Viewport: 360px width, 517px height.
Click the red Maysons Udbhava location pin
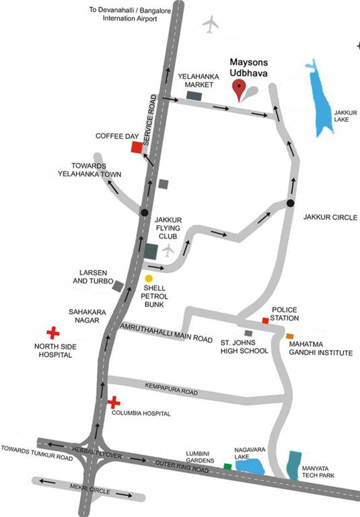click(238, 88)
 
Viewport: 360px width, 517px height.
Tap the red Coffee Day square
click(137, 148)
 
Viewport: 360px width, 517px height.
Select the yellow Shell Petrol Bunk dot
click(149, 278)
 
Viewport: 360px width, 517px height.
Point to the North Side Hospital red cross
click(52, 333)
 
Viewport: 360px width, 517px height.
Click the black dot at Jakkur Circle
click(290, 203)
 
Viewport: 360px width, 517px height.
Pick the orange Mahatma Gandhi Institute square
click(290, 335)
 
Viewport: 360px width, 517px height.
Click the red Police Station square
click(265, 321)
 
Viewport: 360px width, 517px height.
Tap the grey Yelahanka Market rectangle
click(194, 96)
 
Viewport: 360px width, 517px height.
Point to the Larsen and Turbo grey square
click(118, 286)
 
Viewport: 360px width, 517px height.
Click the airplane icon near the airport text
click(211, 25)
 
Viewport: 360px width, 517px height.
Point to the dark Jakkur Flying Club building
click(151, 252)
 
